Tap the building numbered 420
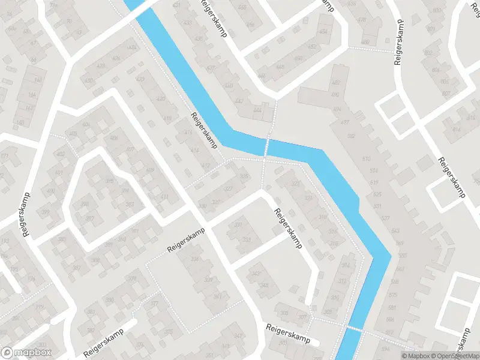(x=160, y=98)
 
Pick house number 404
(x=86, y=125)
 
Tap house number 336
(x=194, y=259)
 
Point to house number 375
(x=168, y=332)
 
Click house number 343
(x=256, y=274)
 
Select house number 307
(x=302, y=316)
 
